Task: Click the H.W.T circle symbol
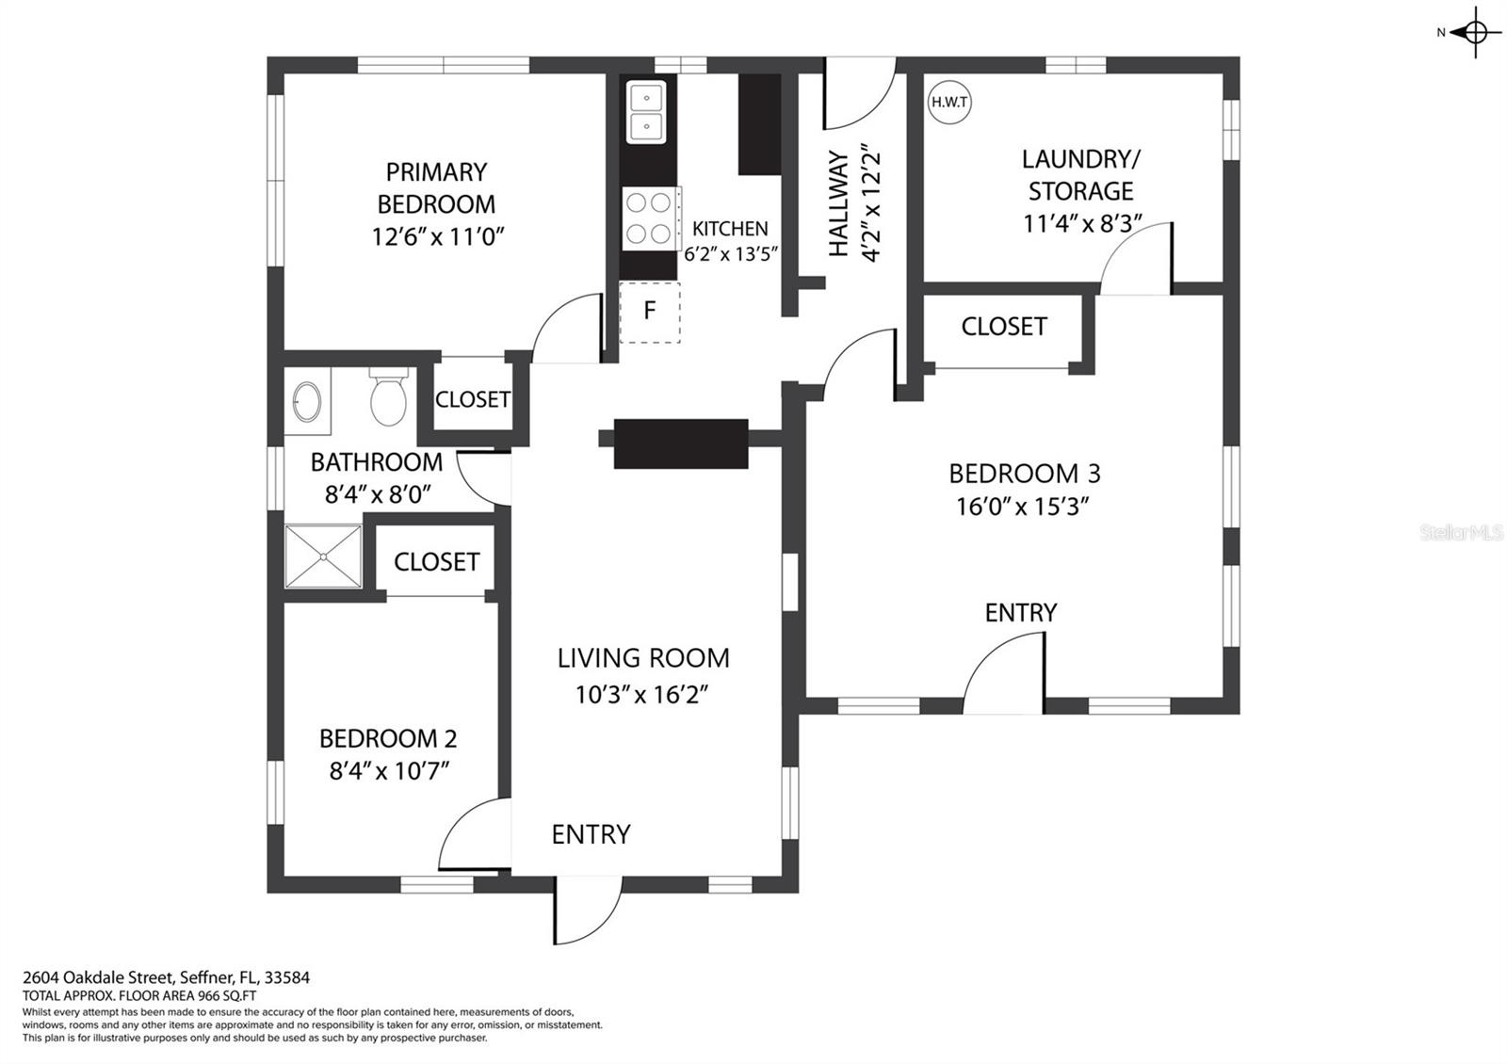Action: [949, 103]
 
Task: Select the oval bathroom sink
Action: [307, 401]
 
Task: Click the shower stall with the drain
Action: [323, 556]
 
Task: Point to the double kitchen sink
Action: [646, 112]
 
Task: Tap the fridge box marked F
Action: [649, 312]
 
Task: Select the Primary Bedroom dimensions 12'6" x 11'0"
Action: [438, 236]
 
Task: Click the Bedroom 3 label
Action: [1025, 474]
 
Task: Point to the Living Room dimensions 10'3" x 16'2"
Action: [641, 693]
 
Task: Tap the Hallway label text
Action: [837, 203]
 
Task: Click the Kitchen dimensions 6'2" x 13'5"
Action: [731, 254]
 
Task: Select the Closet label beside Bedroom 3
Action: [1004, 327]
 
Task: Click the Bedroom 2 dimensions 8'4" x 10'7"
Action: [389, 770]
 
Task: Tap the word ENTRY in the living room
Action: [591, 834]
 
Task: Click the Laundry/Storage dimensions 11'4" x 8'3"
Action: [1082, 223]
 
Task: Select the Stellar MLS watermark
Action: [1461, 533]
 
